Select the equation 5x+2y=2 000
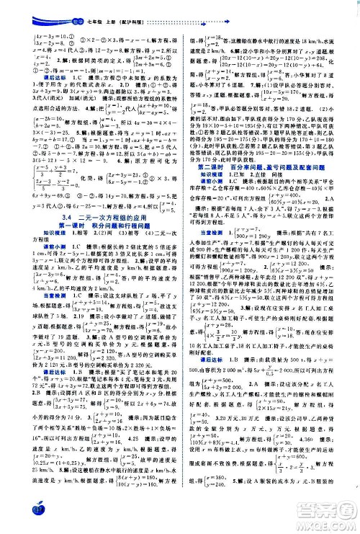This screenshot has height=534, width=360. click(215, 384)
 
